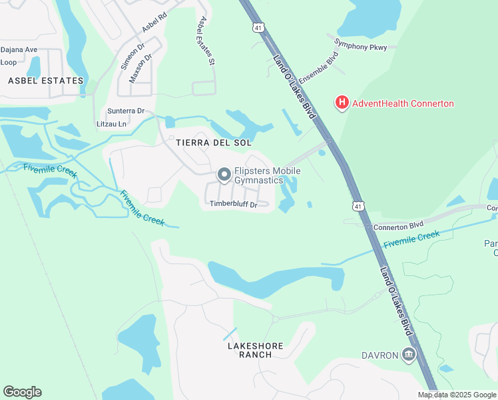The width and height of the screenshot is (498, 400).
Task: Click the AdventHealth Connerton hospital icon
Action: pyautogui.click(x=342, y=103)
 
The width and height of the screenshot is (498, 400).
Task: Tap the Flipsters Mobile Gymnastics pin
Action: pyautogui.click(x=224, y=175)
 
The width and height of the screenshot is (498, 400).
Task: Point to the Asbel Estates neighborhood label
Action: pyautogui.click(x=46, y=81)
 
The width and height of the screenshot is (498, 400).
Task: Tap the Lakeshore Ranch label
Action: pyautogui.click(x=256, y=350)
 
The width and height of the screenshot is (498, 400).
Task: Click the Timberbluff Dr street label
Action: pyautogui.click(x=233, y=205)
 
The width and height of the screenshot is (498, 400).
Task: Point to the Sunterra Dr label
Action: pyautogui.click(x=126, y=111)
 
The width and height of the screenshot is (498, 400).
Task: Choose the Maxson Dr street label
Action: pyautogui.click(x=141, y=66)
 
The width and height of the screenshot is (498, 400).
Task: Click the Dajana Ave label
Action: pyautogui.click(x=19, y=49)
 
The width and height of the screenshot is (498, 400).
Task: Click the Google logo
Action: pyautogui.click(x=22, y=392)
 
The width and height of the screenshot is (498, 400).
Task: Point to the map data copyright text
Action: pyautogui.click(x=457, y=395)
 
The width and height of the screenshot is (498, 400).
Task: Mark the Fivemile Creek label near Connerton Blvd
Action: pyautogui.click(x=412, y=239)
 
